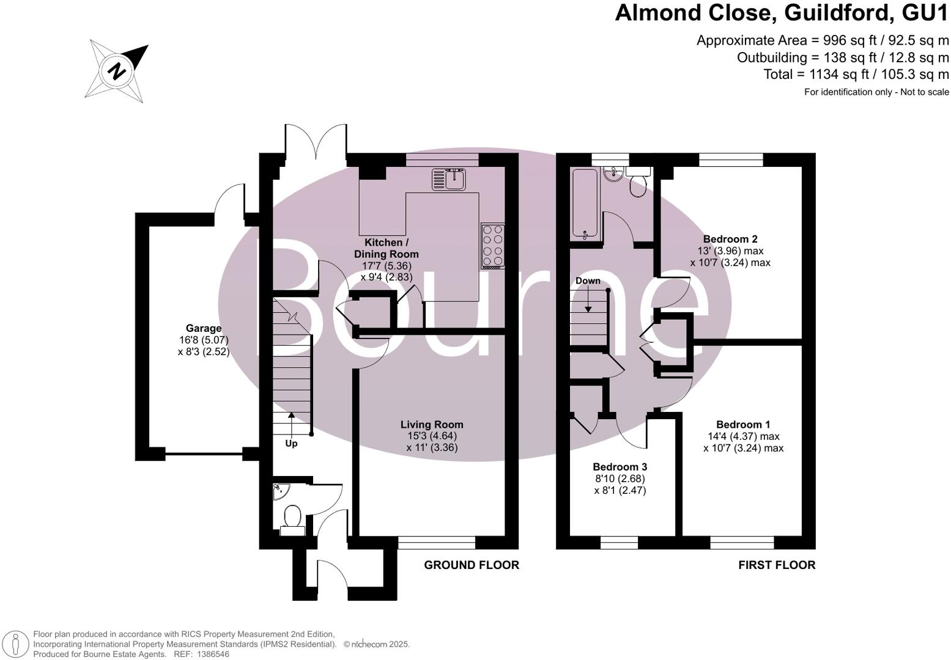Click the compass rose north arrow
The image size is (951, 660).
click(x=117, y=71)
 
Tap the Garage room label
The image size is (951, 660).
click(x=204, y=328)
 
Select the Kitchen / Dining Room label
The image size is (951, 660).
click(x=386, y=248)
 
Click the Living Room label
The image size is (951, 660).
click(x=432, y=424)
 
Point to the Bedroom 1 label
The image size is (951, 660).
click(x=743, y=424)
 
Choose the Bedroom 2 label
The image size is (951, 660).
click(x=730, y=239)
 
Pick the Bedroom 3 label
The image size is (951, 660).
click(x=620, y=467)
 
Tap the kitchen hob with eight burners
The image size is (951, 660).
click(x=493, y=246)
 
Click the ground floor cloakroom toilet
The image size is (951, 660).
click(x=292, y=520)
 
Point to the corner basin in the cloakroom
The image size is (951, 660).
click(x=280, y=490)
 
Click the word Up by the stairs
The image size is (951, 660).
click(x=291, y=443)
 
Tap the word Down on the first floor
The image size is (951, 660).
click(x=588, y=280)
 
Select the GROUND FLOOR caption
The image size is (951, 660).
click(x=472, y=565)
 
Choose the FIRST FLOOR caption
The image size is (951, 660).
click(x=777, y=565)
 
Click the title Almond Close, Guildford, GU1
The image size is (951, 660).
click(x=782, y=13)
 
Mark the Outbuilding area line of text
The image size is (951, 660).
click(x=842, y=57)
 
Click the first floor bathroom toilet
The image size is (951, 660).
click(x=637, y=183)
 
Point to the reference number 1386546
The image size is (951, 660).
click(x=210, y=654)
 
